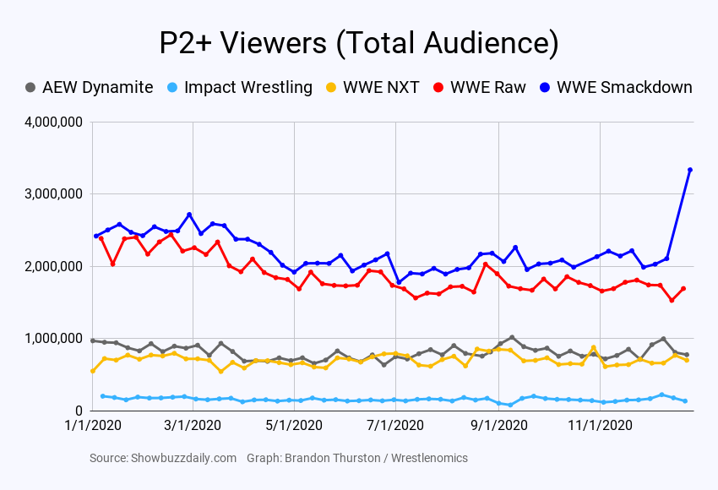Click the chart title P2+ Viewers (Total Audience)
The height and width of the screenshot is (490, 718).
point(359,43)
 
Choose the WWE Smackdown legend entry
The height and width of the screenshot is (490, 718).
point(624,87)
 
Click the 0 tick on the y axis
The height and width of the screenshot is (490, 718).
point(78,411)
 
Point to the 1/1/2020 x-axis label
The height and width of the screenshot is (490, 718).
point(92,427)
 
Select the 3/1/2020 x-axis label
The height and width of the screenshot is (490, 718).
point(193,427)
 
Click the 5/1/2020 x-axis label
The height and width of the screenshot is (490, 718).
point(295,427)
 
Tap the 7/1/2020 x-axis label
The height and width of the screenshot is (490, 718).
point(396,427)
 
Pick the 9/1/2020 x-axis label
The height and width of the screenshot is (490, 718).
point(498,427)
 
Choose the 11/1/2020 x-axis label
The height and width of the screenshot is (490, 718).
point(600,427)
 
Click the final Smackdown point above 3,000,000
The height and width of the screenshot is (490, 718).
point(690,170)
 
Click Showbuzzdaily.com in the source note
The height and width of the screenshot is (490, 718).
point(183,458)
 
